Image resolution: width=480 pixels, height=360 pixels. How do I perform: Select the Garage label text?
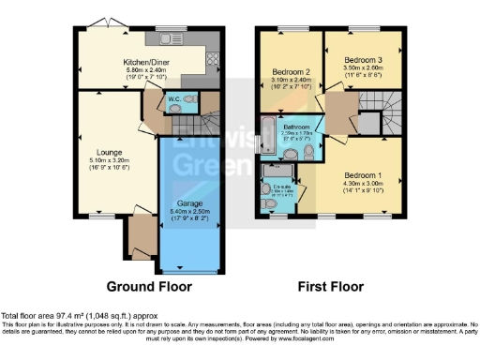(190, 202)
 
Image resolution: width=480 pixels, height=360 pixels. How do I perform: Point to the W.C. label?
(174, 97)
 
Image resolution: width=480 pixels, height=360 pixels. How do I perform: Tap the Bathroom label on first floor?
(297, 127)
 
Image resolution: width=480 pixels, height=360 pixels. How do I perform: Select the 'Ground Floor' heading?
(148, 286)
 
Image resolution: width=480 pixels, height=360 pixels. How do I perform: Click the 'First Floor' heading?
(331, 286)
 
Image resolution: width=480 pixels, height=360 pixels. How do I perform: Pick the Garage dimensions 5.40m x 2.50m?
(190, 212)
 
